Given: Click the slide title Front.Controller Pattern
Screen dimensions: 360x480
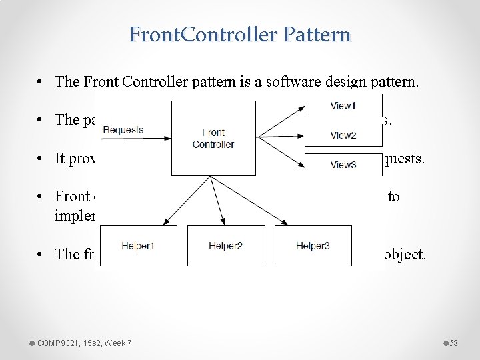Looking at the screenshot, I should pos(240,35).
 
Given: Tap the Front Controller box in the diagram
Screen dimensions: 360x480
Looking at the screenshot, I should pos(213,138).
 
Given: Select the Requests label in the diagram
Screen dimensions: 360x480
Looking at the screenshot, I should pos(124,130).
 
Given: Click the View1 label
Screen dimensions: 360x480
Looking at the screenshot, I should pos(343,106).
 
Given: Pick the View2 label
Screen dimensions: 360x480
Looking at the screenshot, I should pos(343,135).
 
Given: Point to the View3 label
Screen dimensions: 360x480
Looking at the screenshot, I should pos(343,165).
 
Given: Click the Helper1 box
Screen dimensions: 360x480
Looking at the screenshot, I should pos(139,246).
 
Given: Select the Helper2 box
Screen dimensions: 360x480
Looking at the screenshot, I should pos(226,246).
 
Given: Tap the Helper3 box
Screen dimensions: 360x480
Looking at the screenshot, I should pos(313,246).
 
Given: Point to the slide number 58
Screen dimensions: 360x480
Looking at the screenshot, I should pos(453,343).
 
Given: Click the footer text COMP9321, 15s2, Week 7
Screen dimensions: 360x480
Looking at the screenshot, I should pos(84,343).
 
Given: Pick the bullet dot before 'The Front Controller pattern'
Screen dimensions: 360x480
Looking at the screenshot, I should pos(41,82).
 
